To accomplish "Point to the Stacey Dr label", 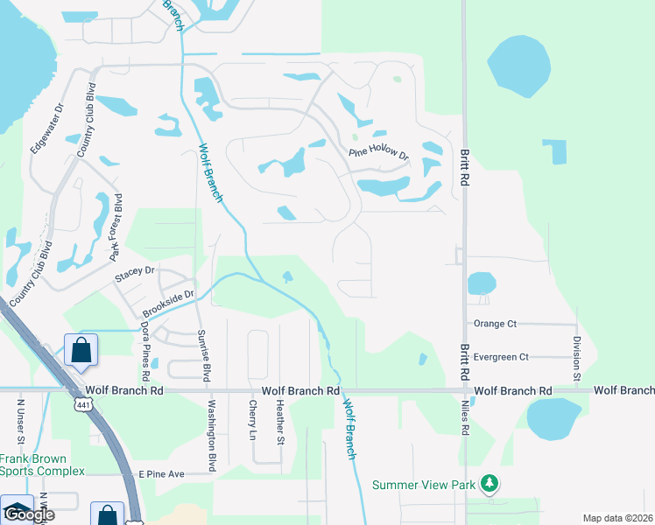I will coord(134,276).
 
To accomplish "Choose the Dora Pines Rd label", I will coord(145,344).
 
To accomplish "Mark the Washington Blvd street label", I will coord(211,436).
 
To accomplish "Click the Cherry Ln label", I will coord(253,421).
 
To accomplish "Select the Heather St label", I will coord(280,423).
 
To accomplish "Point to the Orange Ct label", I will coord(495,324).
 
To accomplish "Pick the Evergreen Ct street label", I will coord(501,357).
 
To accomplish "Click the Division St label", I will coord(576,358).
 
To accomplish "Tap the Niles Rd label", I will coord(466,418).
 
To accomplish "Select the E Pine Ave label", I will coord(161,473).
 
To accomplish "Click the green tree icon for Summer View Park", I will coord(491,484).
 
